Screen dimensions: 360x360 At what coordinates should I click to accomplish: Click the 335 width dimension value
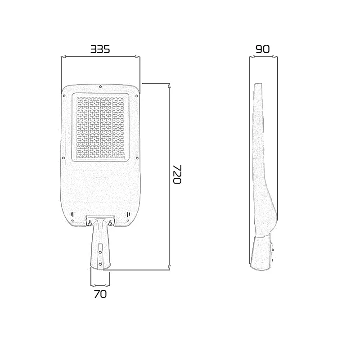pyautogui.click(x=100, y=49)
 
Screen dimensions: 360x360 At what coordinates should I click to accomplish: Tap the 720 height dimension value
pyautogui.click(x=176, y=174)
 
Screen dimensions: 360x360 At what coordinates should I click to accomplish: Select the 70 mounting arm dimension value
pyautogui.click(x=100, y=294)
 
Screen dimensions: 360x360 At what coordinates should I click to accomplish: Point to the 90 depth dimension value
pyautogui.click(x=262, y=49)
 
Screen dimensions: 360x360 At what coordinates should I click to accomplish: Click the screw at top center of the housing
pyautogui.click(x=100, y=87)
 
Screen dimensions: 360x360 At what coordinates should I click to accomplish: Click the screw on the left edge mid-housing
pyautogui.click(x=63, y=158)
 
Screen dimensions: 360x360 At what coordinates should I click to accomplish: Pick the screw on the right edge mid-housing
pyautogui.click(x=137, y=158)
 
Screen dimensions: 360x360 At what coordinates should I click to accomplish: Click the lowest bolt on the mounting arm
pyautogui.click(x=100, y=264)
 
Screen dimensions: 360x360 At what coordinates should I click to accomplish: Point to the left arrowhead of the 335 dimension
pyautogui.click(x=63, y=57)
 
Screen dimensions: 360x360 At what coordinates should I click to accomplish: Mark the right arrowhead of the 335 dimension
pyautogui.click(x=137, y=57)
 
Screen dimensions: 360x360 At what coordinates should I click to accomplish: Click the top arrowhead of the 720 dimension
pyautogui.click(x=169, y=86)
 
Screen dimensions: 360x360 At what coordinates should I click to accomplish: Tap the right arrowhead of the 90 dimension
pyautogui.click(x=275, y=57)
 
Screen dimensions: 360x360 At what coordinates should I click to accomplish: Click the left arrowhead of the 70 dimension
pyautogui.click(x=93, y=285)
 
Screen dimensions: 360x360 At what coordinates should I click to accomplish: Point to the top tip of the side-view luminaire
pyautogui.click(x=258, y=84)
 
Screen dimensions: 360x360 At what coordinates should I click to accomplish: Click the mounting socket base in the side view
pyautogui.click(x=261, y=254)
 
